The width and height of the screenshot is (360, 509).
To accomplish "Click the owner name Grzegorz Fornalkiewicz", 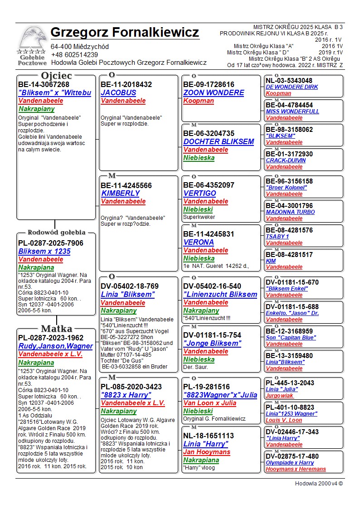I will [125, 33].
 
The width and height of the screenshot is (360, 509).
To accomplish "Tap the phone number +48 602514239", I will [74, 55].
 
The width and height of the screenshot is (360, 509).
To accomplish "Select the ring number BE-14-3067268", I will [44, 85].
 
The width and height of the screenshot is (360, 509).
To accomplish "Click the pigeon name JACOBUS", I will [118, 93].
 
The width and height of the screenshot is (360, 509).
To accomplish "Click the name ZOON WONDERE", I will [214, 93].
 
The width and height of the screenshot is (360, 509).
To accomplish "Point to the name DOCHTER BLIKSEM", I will [219, 142].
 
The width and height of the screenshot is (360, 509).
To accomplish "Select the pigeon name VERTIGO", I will [199, 194].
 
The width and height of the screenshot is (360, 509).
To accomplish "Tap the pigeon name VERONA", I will [199, 242].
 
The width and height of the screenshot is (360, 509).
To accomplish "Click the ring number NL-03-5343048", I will [289, 81].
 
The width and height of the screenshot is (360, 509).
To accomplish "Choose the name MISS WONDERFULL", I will [292, 111].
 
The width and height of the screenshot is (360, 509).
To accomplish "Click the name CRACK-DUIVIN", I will [286, 160].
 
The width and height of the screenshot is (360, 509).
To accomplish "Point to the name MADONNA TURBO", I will [290, 212].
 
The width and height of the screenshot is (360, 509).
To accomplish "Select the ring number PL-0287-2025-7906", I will [51, 243].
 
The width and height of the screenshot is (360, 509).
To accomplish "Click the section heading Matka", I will [56, 329].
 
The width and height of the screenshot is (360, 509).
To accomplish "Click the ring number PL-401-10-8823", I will [290, 407].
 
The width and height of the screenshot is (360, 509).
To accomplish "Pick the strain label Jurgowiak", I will [280, 396].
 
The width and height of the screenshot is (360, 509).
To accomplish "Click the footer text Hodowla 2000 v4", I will [319, 484].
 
